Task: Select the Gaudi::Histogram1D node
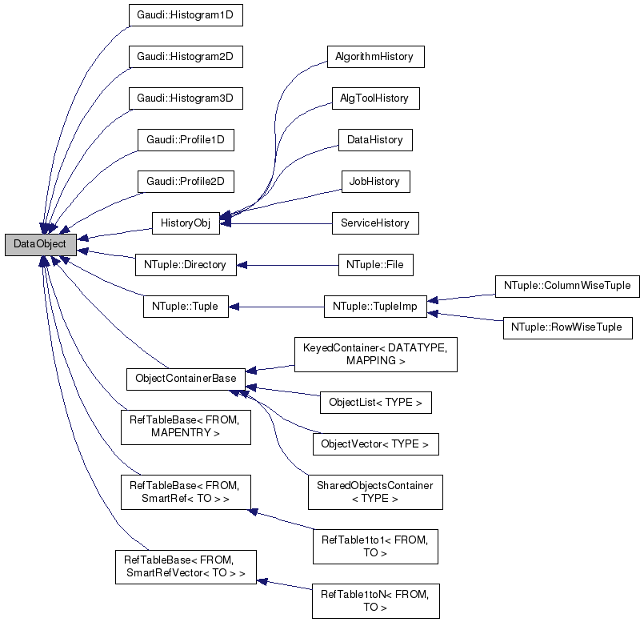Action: (x=185, y=15)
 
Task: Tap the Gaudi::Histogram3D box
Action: (x=185, y=98)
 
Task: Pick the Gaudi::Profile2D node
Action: (x=185, y=181)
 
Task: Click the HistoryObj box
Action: (x=185, y=223)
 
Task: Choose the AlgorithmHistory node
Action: (x=375, y=57)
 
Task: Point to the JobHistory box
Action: (x=375, y=181)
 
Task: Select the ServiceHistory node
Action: (x=375, y=223)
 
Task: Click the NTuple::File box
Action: (x=375, y=263)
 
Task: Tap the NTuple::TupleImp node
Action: (x=375, y=305)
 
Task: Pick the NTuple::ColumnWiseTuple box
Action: (x=567, y=284)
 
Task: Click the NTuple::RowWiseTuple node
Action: (x=567, y=327)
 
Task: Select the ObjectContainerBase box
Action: (x=185, y=378)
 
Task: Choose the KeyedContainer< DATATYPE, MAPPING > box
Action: (x=375, y=355)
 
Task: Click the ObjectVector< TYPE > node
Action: (x=375, y=443)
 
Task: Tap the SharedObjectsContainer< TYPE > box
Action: (x=375, y=492)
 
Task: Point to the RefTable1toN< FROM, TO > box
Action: (x=375, y=600)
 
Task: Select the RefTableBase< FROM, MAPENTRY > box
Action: (x=185, y=427)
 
